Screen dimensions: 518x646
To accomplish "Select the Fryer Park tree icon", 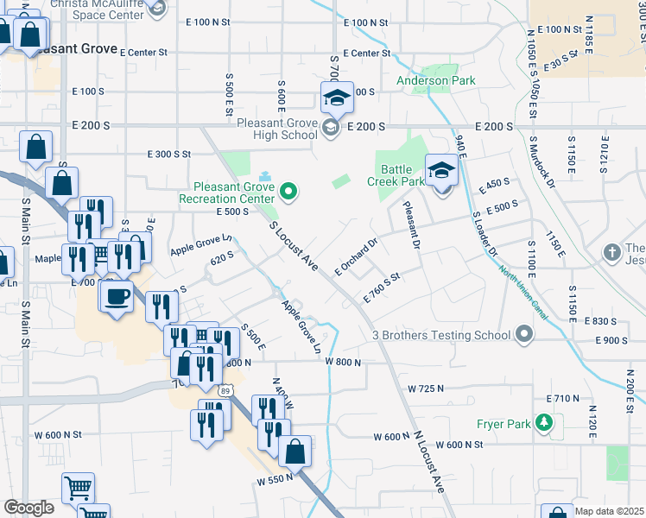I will point(544,423).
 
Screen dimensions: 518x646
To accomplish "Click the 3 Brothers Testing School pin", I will point(524,335).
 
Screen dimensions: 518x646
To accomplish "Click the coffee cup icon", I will point(117,298).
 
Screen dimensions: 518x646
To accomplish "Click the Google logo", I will point(28,508).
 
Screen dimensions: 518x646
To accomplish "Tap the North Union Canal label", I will point(524,293).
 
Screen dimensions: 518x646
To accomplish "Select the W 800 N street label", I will point(343,362).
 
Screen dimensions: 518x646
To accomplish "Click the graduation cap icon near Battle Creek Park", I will point(441,170).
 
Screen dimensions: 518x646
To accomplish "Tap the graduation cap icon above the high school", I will point(337,98).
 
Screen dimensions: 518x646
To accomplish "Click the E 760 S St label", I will point(384,286).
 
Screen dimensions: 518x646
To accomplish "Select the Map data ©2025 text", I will point(609,511).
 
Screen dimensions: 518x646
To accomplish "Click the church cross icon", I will point(612,253).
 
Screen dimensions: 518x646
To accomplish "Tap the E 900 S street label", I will point(611,340).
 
